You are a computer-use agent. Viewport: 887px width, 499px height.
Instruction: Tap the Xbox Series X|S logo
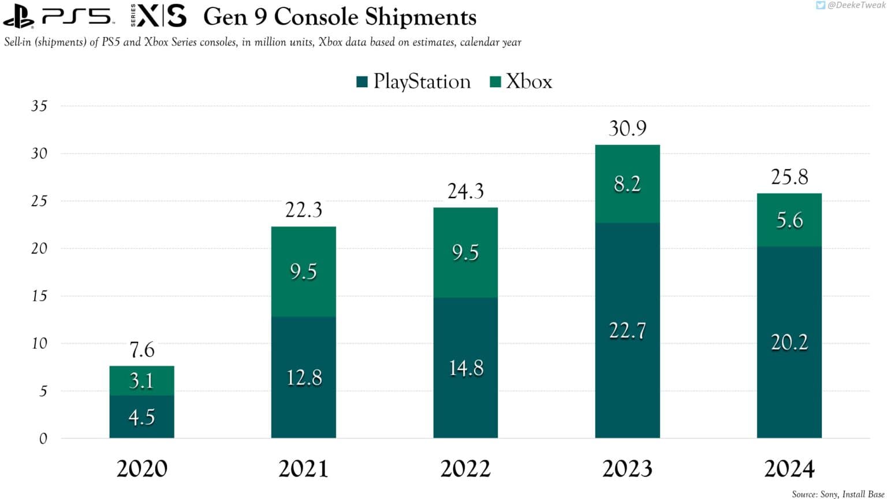[159, 16]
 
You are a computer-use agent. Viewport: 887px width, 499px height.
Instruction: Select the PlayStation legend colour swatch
[362, 81]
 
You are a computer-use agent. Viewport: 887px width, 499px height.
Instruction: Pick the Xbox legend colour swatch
[495, 81]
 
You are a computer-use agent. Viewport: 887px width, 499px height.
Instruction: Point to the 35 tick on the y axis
[39, 106]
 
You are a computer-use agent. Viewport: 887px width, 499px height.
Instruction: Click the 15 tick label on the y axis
[39, 296]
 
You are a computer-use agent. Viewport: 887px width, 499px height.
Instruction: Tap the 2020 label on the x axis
[141, 468]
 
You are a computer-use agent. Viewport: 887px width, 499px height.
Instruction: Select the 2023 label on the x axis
[627, 468]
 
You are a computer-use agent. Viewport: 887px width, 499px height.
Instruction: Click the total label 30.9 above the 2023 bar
[627, 128]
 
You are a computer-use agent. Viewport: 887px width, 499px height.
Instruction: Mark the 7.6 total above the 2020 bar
[141, 350]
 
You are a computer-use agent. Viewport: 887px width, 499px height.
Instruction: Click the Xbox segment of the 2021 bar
[303, 271]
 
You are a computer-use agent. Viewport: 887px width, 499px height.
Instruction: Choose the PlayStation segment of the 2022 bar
[465, 368]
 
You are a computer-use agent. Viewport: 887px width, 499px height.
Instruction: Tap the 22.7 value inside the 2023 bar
[627, 331]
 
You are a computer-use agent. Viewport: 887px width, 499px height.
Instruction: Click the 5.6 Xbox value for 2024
[789, 220]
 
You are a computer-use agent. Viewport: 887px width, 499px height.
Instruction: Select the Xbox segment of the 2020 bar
[141, 381]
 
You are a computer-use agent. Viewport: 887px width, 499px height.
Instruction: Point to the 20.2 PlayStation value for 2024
[789, 342]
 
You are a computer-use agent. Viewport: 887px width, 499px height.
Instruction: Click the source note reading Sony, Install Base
[837, 494]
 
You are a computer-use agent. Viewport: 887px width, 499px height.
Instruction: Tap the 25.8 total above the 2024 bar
[789, 177]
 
